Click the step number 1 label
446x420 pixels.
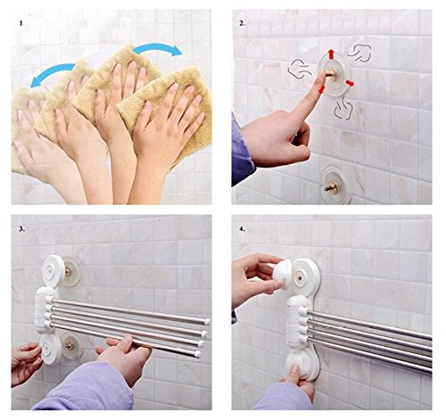point(21,23)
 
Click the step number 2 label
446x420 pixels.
point(243,23)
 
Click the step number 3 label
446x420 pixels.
point(21,229)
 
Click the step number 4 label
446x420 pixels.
point(243,229)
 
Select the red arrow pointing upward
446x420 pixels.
point(330,54)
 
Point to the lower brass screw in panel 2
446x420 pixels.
point(331,186)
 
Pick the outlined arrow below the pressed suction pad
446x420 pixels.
point(343,109)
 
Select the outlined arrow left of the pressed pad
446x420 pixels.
point(300,70)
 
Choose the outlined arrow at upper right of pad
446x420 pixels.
point(359,53)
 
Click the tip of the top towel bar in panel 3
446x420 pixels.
point(207,321)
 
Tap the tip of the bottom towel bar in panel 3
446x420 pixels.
point(197,354)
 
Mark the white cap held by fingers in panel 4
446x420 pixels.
point(282,274)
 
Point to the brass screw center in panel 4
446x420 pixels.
point(300,278)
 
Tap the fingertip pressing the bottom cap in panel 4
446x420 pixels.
point(295,368)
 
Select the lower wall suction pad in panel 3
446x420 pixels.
point(71,345)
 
